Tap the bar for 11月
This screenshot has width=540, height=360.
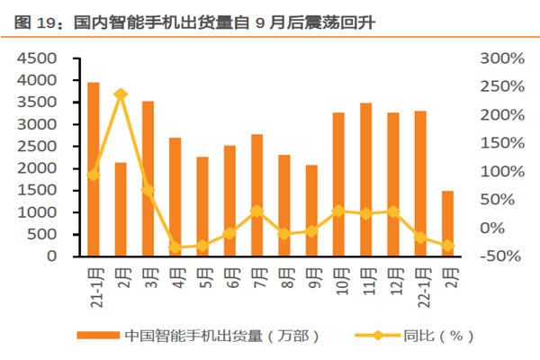pyautogui.click(x=365, y=180)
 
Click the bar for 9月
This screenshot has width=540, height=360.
pyautogui.click(x=311, y=211)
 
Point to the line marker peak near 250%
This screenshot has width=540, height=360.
pyautogui.click(x=121, y=94)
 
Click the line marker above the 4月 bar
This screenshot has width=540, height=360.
pyautogui.click(x=175, y=247)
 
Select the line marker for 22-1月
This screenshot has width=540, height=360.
pyautogui.click(x=420, y=238)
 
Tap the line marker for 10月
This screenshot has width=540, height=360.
pyautogui.click(x=338, y=211)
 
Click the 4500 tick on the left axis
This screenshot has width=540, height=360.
pyautogui.click(x=38, y=58)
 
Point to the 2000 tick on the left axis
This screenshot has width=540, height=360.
pyautogui.click(x=38, y=168)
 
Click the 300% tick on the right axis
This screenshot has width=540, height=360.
pyautogui.click(x=502, y=58)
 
